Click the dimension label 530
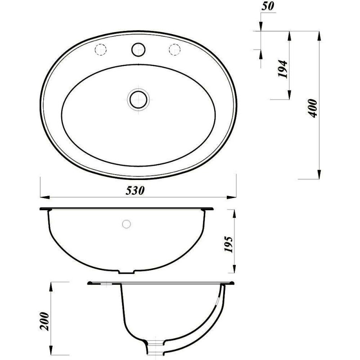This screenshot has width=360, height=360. pyautogui.click(x=135, y=190)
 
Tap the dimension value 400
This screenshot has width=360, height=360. pyautogui.click(x=312, y=108)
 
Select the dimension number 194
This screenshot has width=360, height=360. pyautogui.click(x=283, y=69)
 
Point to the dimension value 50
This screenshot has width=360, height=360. pyautogui.click(x=268, y=6)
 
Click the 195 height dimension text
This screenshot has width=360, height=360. pyautogui.click(x=229, y=244)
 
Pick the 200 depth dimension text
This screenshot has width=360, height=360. pyautogui.click(x=45, y=321)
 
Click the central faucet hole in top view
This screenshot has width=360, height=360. pyautogui.click(x=138, y=49)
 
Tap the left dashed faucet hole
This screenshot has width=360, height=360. pyautogui.click(x=100, y=49)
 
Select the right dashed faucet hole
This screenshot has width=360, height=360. pyautogui.click(x=175, y=49)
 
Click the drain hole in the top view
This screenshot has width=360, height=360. pyautogui.click(x=138, y=99)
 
